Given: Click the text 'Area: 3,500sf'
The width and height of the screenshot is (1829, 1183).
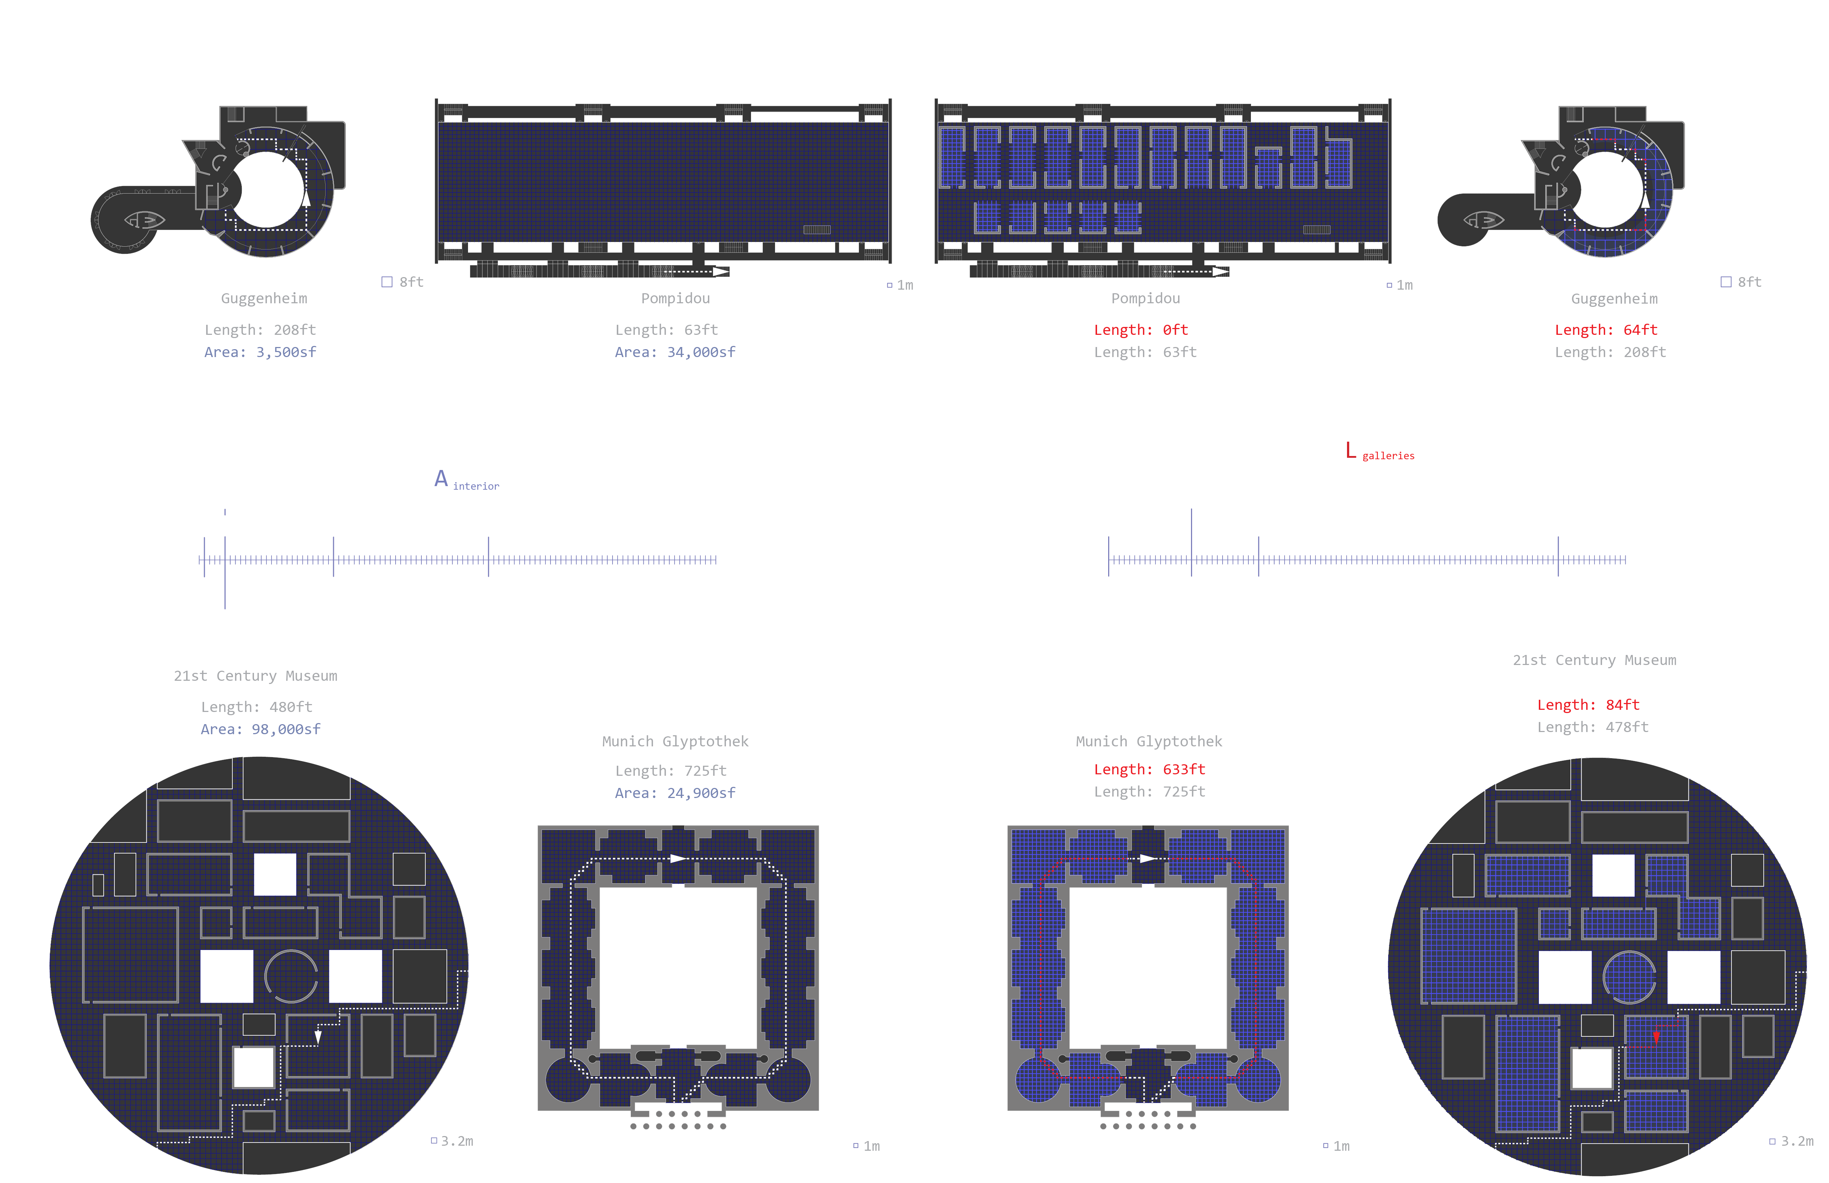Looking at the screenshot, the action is pos(260,352).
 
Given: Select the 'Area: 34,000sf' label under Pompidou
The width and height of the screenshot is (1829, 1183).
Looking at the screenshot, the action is pos(675,352).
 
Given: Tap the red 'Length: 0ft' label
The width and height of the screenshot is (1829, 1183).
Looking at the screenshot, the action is pos(1140,329).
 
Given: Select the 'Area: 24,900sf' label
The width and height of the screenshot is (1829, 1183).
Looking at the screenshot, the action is pos(675,793).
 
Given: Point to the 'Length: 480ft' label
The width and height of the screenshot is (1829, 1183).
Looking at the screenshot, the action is pos(257,707).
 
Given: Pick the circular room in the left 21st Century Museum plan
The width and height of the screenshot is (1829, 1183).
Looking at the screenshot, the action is pos(290,977).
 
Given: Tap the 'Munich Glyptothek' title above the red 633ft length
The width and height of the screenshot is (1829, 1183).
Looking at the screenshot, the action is pos(1149,741).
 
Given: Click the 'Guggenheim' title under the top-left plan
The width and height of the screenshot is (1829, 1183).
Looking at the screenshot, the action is pos(264,298).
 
